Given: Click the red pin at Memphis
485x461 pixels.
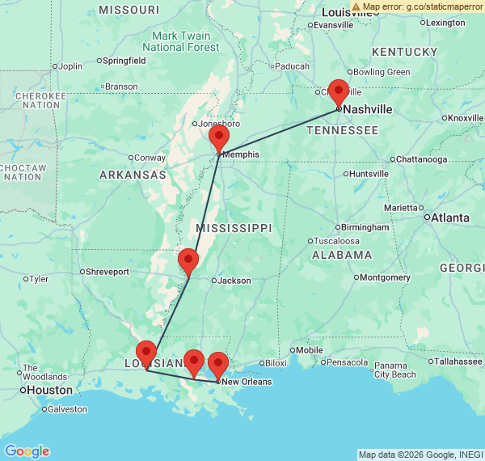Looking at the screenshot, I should click(x=219, y=139).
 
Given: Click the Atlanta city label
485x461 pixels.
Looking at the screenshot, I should click(x=451, y=217).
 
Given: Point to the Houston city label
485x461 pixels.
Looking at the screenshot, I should click(x=49, y=390).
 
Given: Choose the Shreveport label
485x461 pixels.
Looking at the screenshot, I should click(x=108, y=272).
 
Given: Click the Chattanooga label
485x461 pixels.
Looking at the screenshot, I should click(x=421, y=159).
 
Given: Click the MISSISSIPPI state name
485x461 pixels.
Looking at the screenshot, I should click(x=234, y=228).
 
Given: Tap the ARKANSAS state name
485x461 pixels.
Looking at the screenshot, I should click(x=133, y=175).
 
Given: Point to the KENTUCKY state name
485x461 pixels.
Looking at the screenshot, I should click(x=404, y=52).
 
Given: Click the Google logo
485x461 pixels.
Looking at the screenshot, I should click(x=27, y=450).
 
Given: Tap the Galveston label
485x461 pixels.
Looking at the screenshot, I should click(x=67, y=409).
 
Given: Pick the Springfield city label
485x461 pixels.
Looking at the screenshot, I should click(x=124, y=61).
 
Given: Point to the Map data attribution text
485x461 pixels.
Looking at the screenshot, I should click(x=420, y=455).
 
